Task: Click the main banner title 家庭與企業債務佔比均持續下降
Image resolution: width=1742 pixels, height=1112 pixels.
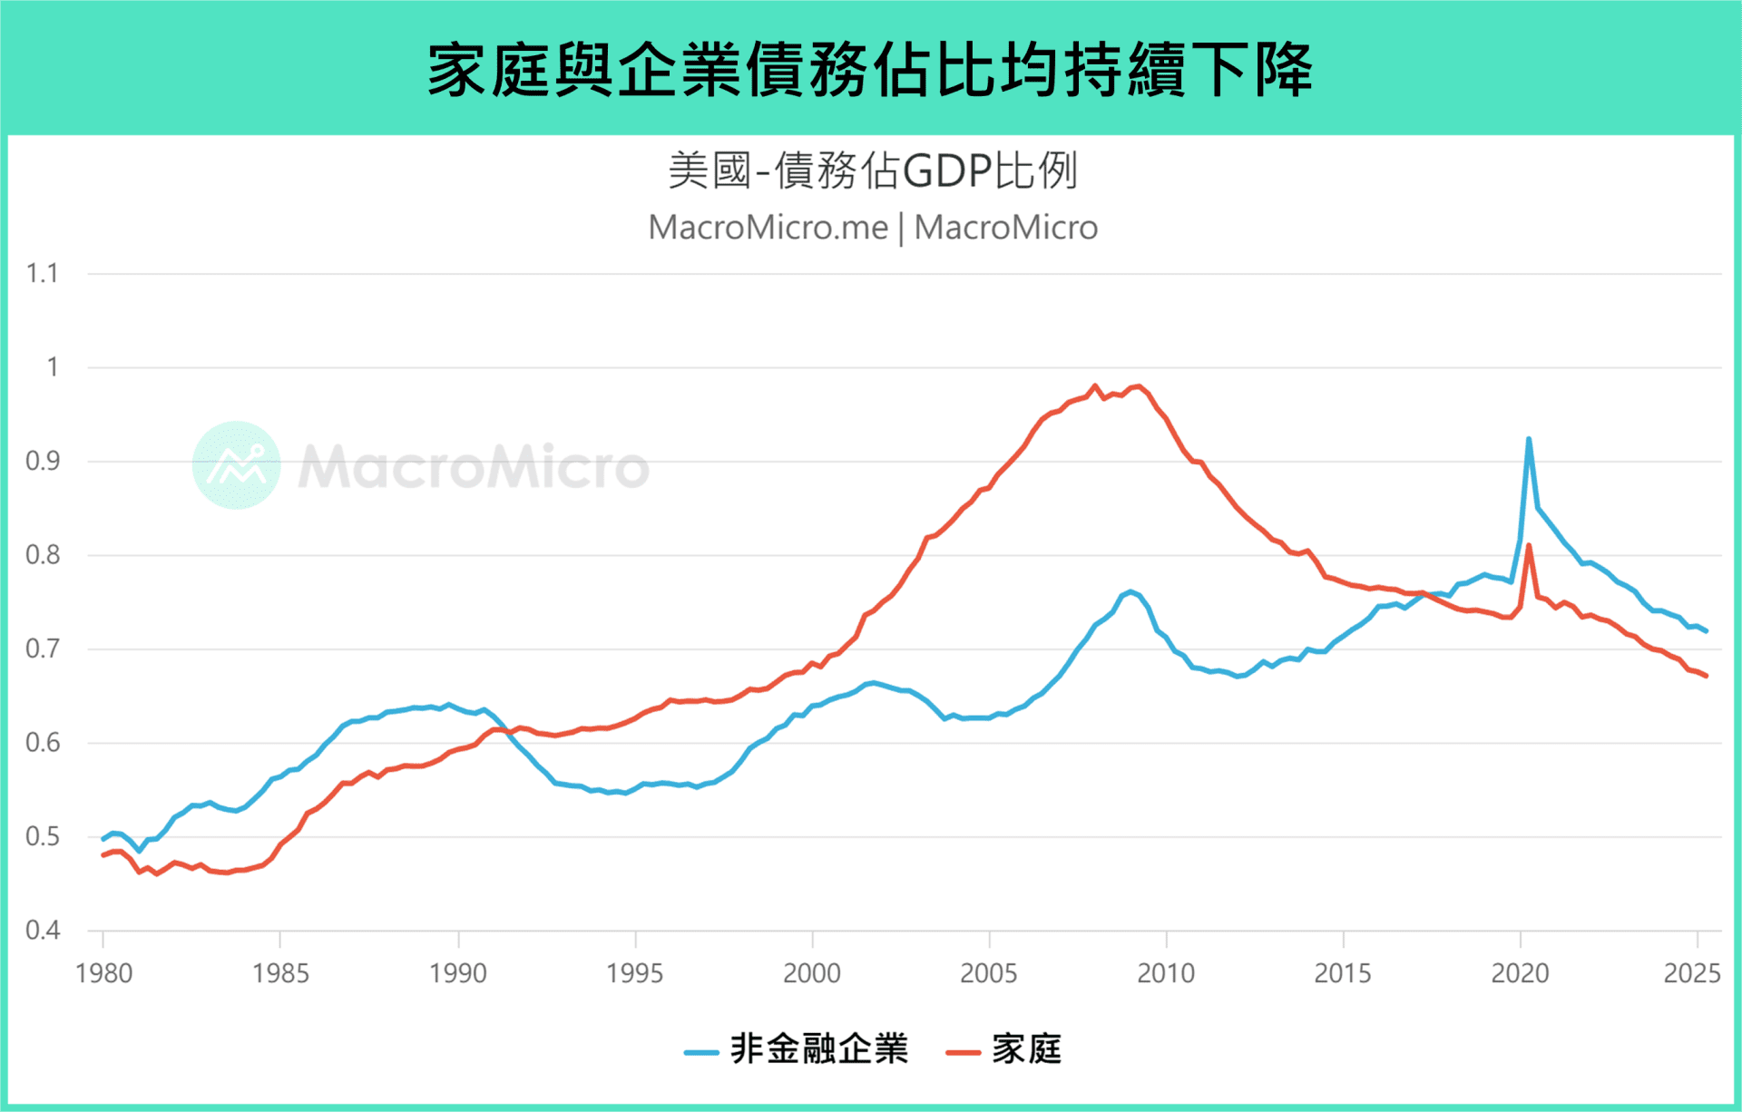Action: click(x=870, y=69)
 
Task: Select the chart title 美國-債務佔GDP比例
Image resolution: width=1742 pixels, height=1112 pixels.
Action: click(x=872, y=171)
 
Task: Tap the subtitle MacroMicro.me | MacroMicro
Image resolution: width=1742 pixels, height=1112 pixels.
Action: click(x=872, y=228)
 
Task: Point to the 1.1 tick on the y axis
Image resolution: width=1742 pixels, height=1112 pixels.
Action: click(x=42, y=273)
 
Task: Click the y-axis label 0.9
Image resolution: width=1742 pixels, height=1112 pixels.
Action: click(x=42, y=461)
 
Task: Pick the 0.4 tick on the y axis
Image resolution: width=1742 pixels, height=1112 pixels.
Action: click(x=42, y=930)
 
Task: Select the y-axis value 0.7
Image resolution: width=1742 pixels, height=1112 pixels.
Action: click(x=42, y=649)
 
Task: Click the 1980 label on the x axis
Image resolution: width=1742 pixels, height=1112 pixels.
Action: click(x=103, y=973)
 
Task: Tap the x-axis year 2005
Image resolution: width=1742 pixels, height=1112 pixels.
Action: click(x=988, y=973)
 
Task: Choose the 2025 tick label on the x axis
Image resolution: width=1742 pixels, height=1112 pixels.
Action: click(x=1691, y=973)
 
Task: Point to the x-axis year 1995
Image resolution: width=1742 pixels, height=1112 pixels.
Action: click(x=634, y=973)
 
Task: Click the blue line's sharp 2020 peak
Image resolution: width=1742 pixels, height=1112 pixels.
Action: click(x=1529, y=440)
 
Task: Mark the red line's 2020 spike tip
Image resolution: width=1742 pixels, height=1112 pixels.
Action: click(x=1529, y=546)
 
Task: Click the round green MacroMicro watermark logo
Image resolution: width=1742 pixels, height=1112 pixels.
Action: click(x=236, y=465)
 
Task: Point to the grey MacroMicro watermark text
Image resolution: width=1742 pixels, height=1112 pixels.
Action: click(x=474, y=467)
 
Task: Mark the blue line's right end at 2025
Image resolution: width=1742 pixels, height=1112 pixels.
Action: click(x=1706, y=630)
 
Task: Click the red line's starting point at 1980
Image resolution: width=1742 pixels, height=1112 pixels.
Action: click(x=103, y=854)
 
